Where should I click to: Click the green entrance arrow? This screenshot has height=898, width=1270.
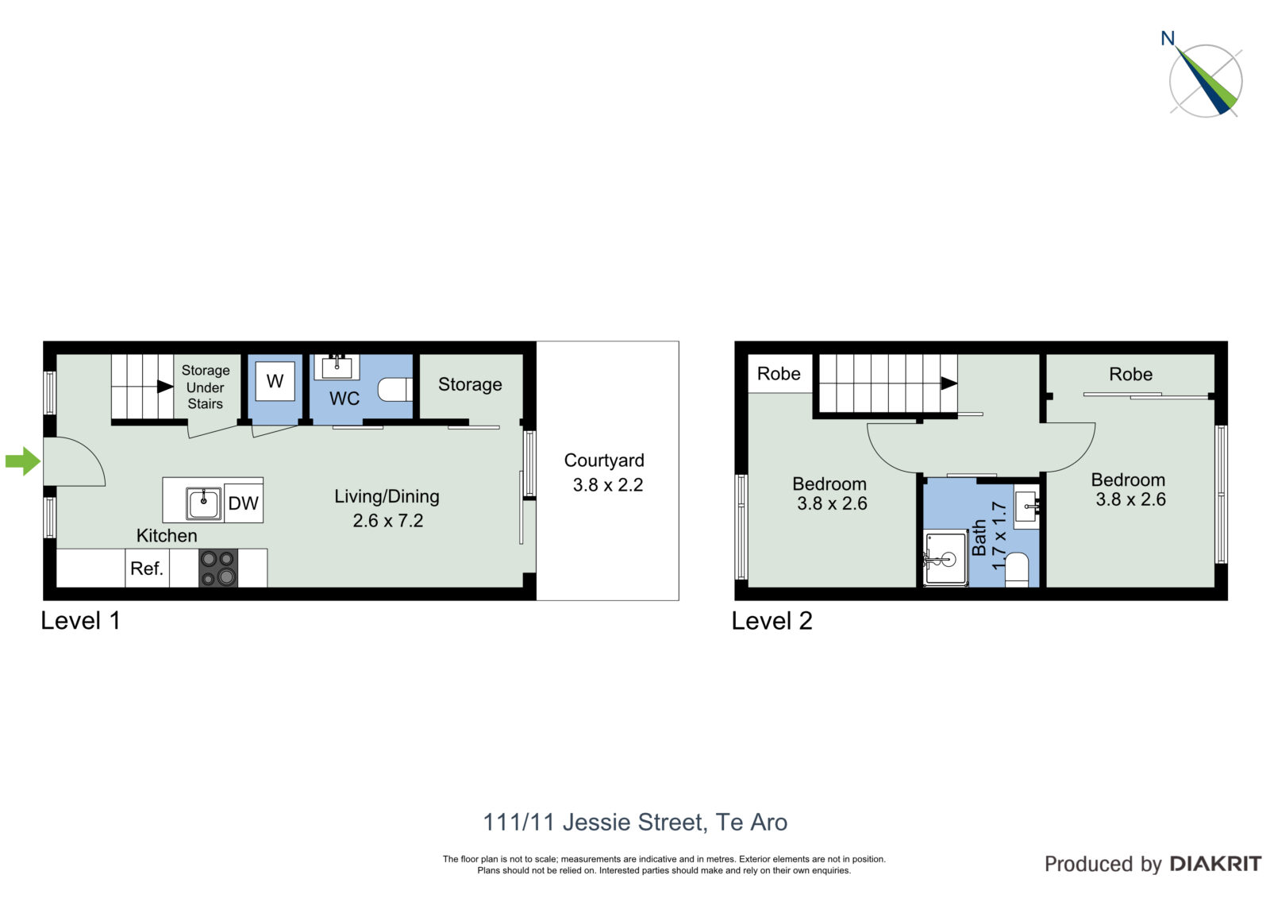tap(23, 461)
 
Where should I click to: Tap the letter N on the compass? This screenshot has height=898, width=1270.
tap(1168, 38)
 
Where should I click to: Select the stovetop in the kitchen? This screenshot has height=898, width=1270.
tap(218, 568)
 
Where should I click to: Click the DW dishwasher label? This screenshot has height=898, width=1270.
tap(243, 503)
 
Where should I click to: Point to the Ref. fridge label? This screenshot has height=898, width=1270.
tap(147, 568)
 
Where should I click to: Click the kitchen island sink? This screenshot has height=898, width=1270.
tap(203, 503)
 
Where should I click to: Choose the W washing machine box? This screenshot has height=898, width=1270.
tap(275, 380)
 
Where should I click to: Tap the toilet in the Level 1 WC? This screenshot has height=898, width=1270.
tap(395, 390)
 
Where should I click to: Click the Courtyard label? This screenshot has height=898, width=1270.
tap(604, 460)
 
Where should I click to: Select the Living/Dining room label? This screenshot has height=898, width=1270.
tap(387, 496)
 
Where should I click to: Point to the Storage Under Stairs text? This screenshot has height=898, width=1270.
tap(206, 387)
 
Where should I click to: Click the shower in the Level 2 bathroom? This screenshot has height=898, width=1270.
tap(945, 558)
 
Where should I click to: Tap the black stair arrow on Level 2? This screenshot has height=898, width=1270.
tap(949, 383)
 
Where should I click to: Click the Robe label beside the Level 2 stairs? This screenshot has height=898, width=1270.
tap(779, 373)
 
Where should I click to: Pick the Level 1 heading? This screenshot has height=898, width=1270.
tap(80, 621)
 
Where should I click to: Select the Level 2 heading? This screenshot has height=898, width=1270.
tap(772, 621)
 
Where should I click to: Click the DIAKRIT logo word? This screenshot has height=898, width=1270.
tap(1215, 864)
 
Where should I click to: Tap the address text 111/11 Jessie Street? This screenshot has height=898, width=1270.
tap(595, 823)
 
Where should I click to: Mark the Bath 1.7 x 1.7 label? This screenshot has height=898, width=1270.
tap(988, 536)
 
